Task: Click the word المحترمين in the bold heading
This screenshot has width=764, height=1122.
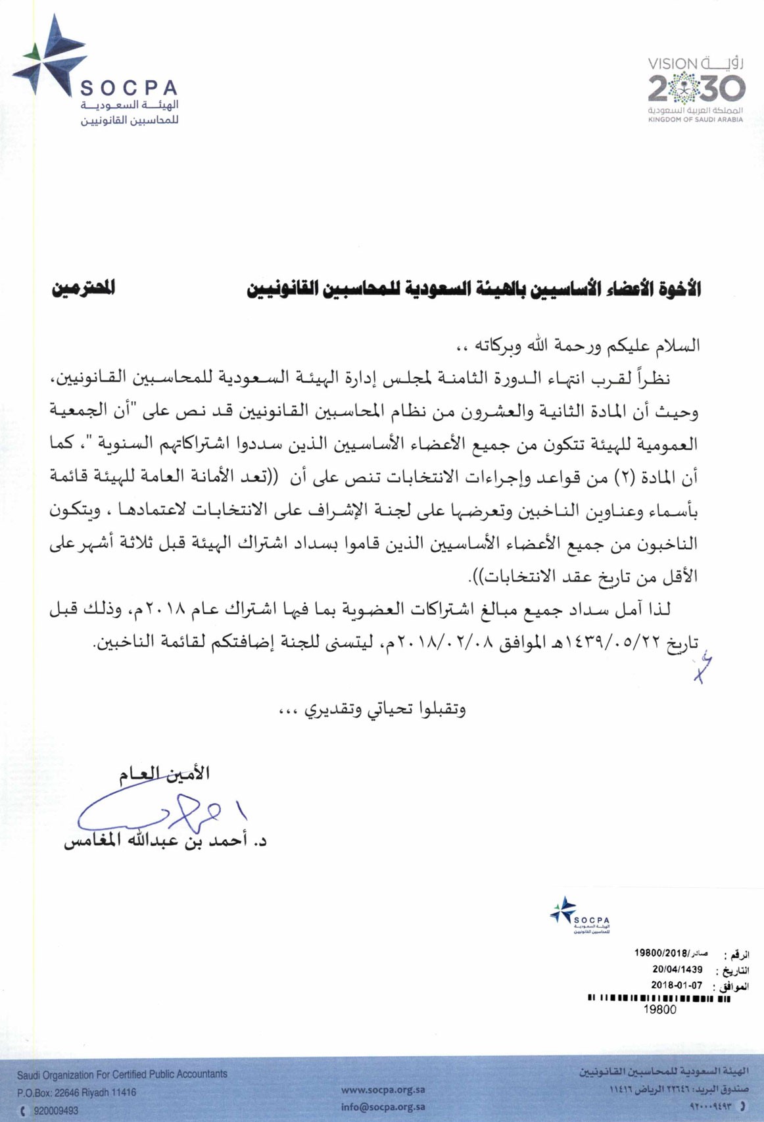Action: pos(84,288)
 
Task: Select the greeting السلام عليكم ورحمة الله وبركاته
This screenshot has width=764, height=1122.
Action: pos(579,345)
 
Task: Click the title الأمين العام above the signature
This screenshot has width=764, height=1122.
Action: pos(164,774)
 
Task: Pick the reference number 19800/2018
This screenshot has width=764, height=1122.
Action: pos(661,953)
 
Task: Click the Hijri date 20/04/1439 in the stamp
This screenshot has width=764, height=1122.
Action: pos(677,969)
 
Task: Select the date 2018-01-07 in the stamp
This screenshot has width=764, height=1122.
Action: pos(677,985)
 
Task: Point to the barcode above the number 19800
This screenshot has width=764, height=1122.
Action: pos(658,998)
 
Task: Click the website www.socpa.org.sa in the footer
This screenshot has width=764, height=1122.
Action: pos(383,1090)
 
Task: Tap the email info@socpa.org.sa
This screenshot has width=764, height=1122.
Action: pos(383,1107)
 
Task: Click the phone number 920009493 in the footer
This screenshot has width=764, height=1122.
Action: pos(56,1111)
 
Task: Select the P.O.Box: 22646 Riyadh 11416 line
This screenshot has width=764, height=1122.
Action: pos(76,1092)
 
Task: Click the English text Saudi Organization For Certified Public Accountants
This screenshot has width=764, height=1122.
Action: pos(122,1075)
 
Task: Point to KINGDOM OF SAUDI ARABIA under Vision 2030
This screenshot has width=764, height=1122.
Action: pos(696,120)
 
